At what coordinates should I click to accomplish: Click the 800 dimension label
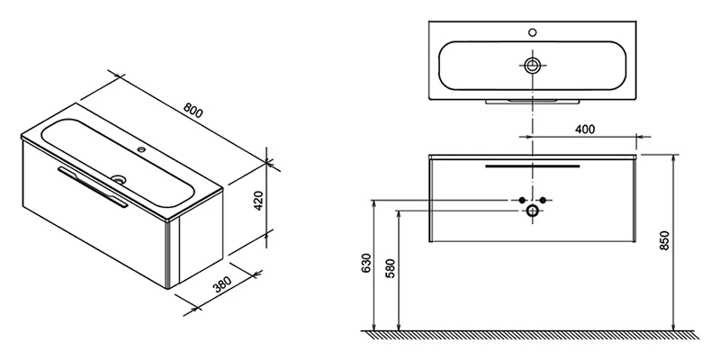click(193, 110)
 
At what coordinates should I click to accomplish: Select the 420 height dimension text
click(258, 201)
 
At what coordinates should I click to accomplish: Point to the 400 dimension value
click(585, 129)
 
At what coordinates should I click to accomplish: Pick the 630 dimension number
click(366, 263)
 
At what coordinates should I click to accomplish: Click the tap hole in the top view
click(533, 32)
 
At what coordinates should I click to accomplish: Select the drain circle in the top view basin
click(533, 65)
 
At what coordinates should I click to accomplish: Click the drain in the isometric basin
click(119, 178)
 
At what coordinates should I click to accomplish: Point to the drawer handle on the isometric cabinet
click(93, 187)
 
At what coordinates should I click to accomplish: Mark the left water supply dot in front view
click(522, 200)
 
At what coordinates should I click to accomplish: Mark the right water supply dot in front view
click(543, 200)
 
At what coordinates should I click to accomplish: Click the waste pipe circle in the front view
click(533, 211)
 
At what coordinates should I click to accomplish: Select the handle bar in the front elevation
click(533, 166)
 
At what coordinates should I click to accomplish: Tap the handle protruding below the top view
click(533, 102)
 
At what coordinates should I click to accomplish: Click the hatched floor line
click(530, 334)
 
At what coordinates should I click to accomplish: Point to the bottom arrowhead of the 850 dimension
click(673, 326)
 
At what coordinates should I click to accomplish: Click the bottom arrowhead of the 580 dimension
click(399, 326)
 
